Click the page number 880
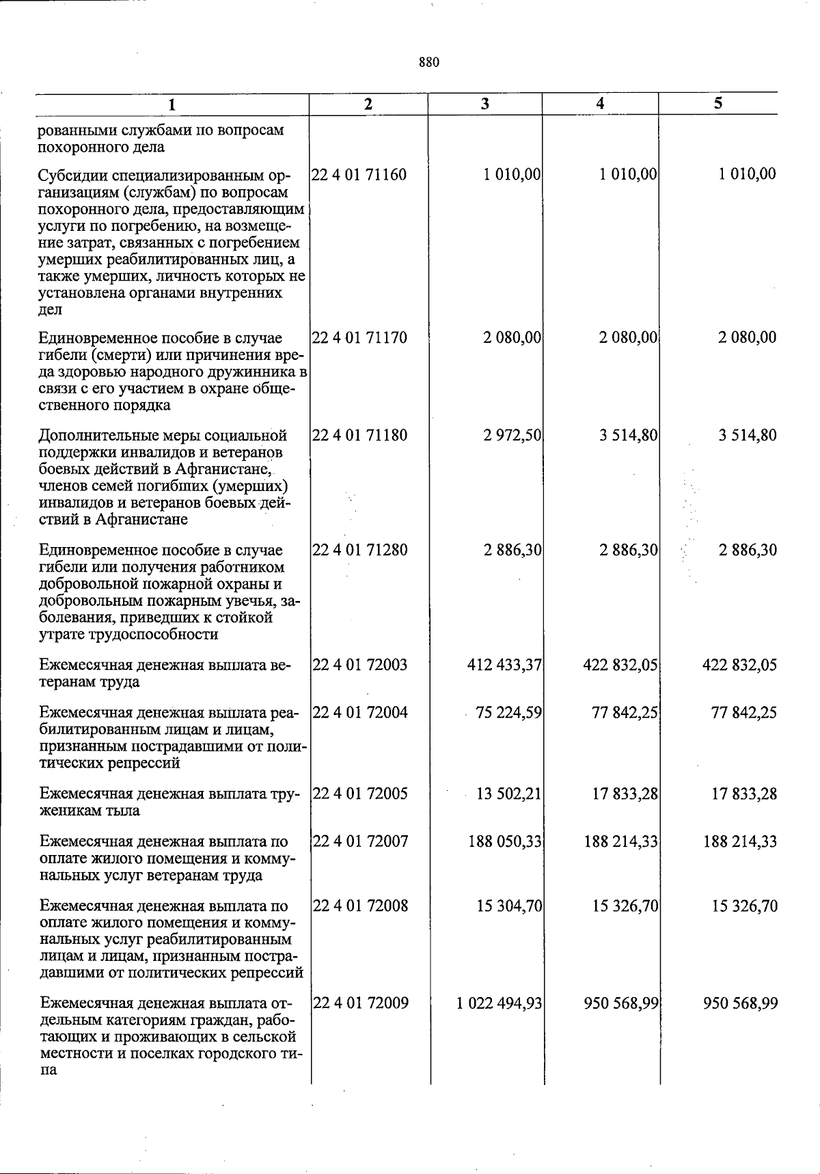click(x=428, y=63)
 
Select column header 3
click(x=484, y=104)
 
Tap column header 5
click(x=718, y=103)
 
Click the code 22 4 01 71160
click(x=359, y=175)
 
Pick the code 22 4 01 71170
click(x=359, y=337)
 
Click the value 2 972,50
click(x=512, y=436)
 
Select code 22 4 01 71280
click(x=359, y=550)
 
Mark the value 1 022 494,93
click(x=498, y=1003)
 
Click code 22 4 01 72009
click(x=360, y=1003)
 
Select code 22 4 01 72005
click(x=360, y=794)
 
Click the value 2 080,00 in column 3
click(x=512, y=337)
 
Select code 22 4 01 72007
click(x=360, y=842)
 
